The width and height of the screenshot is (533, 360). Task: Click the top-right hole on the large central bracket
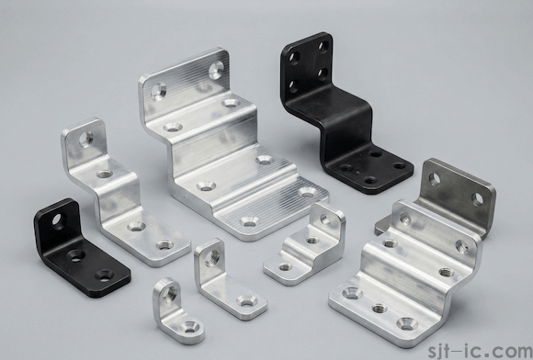216,68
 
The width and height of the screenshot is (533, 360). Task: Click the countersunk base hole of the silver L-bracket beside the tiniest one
246,299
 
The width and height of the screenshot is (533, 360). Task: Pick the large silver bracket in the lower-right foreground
404,276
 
